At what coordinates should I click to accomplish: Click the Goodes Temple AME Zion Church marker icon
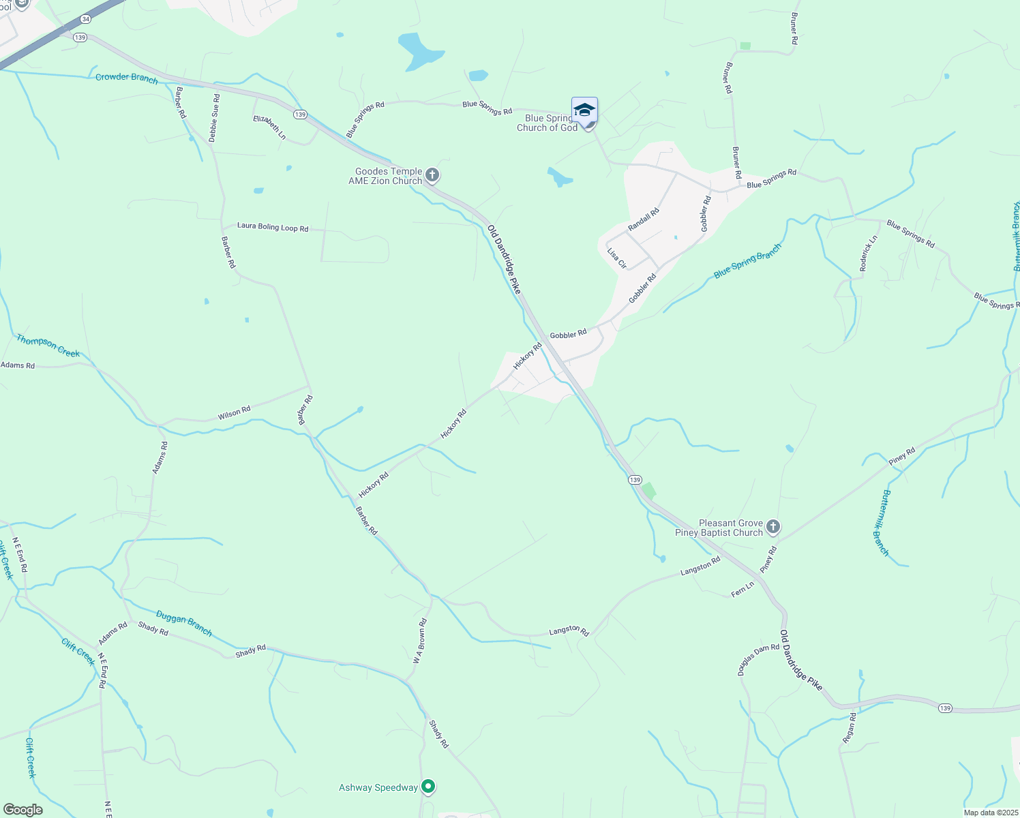click(x=432, y=176)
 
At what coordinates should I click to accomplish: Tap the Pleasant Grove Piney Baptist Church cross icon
click(x=772, y=527)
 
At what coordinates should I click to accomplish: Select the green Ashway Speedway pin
click(x=428, y=787)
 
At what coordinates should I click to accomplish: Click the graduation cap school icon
click(x=584, y=110)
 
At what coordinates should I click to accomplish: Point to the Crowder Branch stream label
click(x=126, y=78)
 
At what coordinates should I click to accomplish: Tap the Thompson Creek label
click(x=48, y=346)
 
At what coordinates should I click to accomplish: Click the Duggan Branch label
click(x=184, y=623)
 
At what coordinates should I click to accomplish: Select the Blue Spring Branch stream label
click(x=747, y=261)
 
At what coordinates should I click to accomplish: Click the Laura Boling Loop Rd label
click(x=273, y=227)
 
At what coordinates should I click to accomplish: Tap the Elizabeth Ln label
click(x=269, y=127)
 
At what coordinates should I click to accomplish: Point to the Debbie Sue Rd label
click(x=214, y=118)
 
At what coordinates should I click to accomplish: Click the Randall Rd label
click(x=644, y=219)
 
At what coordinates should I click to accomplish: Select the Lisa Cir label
click(x=616, y=258)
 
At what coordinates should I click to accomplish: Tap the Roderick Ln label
click(x=869, y=254)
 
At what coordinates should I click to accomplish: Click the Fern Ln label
click(x=742, y=589)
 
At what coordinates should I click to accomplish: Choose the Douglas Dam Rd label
click(x=758, y=659)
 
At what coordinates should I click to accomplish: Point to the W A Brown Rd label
click(x=419, y=641)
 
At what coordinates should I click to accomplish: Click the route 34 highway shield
click(x=85, y=19)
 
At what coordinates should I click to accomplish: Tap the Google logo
click(x=22, y=809)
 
